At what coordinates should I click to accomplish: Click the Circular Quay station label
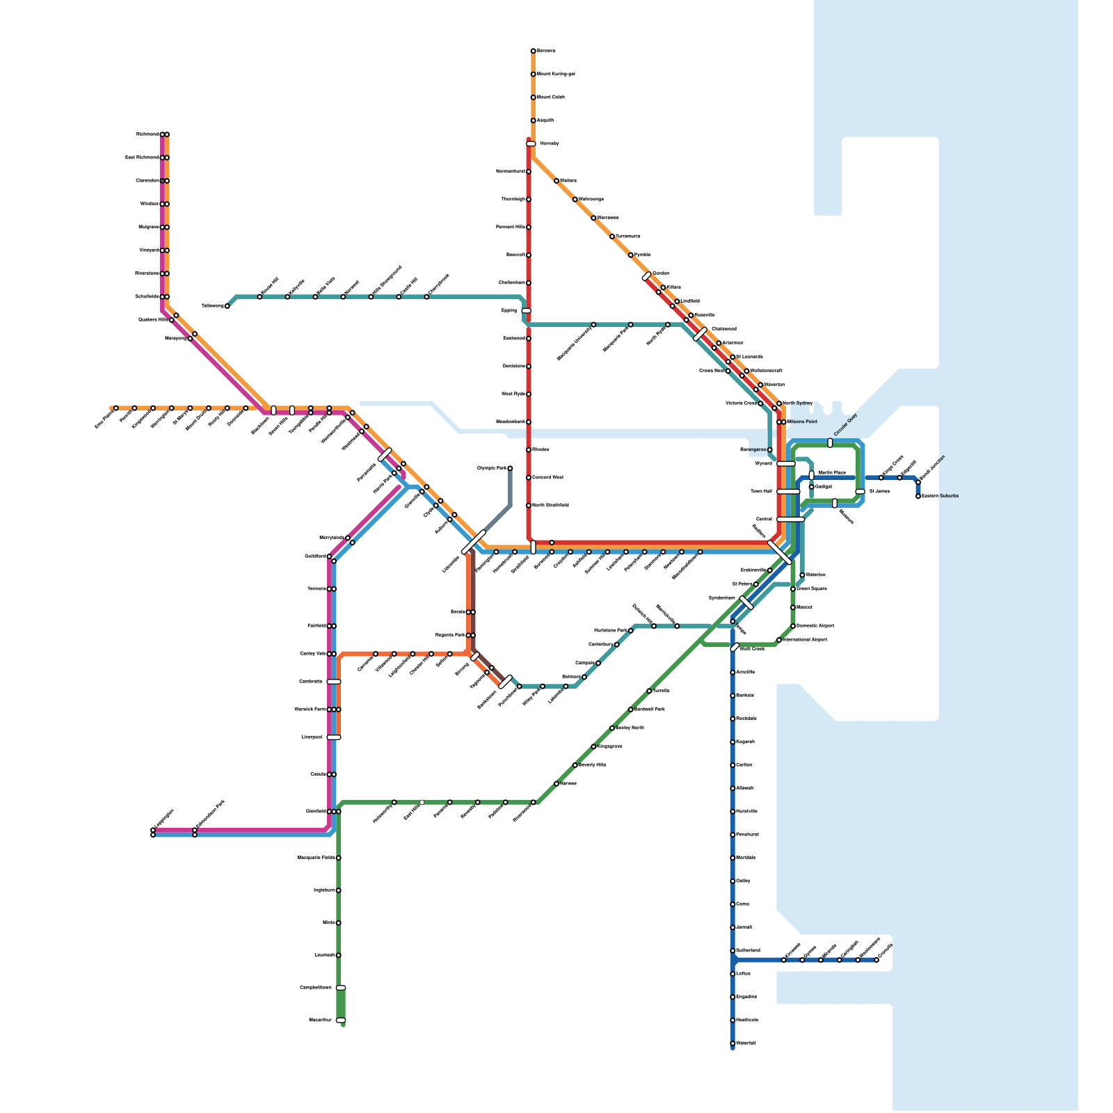pyautogui.click(x=846, y=425)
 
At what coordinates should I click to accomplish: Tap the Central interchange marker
pyautogui.click(x=790, y=519)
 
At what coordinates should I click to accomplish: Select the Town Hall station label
pyautogui.click(x=761, y=491)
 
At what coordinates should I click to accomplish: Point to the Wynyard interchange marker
pyautogui.click(x=786, y=463)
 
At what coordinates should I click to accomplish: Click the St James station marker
pyautogui.click(x=860, y=491)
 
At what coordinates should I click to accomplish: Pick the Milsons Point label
pyautogui.click(x=802, y=422)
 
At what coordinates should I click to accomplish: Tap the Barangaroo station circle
pyautogui.click(x=769, y=449)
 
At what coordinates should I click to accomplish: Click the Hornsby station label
pyautogui.click(x=550, y=143)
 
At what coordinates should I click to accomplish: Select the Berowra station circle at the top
pyautogui.click(x=533, y=51)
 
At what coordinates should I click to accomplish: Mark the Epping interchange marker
pyautogui.click(x=526, y=310)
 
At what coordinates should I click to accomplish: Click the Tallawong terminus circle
pyautogui.click(x=227, y=306)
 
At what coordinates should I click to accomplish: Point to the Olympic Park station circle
pyautogui.click(x=510, y=468)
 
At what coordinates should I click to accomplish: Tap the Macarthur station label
pyautogui.click(x=320, y=1020)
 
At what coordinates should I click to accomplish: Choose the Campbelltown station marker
pyautogui.click(x=341, y=988)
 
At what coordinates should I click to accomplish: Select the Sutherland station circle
pyautogui.click(x=732, y=950)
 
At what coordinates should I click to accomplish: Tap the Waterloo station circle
pyautogui.click(x=802, y=575)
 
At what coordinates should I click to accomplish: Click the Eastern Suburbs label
pyautogui.click(x=940, y=496)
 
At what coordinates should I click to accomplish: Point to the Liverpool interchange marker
pyautogui.click(x=334, y=737)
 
